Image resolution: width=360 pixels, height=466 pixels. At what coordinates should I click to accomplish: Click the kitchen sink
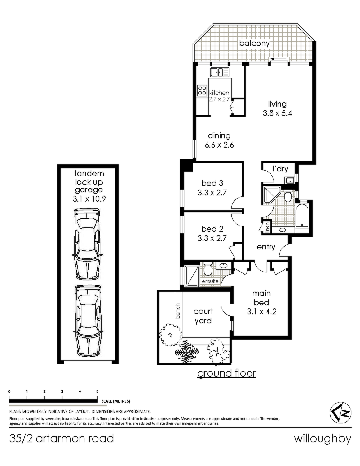click(x=220, y=72)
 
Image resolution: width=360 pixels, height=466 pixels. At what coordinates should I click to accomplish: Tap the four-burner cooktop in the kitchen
click(x=202, y=90)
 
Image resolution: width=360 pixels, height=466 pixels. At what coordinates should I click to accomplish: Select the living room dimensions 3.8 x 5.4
click(x=277, y=113)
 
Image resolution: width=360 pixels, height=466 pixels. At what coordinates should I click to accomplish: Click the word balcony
click(x=254, y=43)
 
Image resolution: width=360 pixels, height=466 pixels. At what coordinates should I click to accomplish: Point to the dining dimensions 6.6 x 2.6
click(x=219, y=145)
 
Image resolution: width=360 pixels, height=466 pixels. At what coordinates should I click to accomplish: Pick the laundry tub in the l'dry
click(x=290, y=180)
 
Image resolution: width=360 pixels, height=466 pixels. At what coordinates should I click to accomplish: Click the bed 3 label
click(x=212, y=183)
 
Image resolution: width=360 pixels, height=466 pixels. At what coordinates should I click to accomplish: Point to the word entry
click(x=266, y=247)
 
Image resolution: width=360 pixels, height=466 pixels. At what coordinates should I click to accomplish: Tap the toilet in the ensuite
click(x=207, y=269)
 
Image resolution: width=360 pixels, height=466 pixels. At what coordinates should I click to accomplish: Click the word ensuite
click(x=210, y=281)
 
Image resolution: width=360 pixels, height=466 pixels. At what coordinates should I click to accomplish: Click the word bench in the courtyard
click(x=178, y=311)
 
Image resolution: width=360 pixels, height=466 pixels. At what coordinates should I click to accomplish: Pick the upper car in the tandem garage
click(x=87, y=244)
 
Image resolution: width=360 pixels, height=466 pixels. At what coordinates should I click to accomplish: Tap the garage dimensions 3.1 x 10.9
click(x=89, y=199)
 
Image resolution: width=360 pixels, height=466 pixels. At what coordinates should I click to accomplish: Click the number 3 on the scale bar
click(x=62, y=391)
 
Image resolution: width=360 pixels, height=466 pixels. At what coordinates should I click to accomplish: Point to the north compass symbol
click(x=340, y=413)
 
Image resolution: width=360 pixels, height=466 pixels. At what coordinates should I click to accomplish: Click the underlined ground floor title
click(x=226, y=373)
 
